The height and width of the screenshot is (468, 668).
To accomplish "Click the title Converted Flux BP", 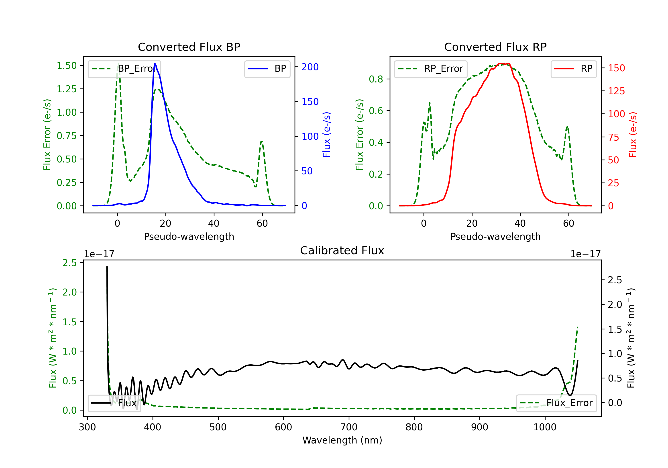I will (x=189, y=47).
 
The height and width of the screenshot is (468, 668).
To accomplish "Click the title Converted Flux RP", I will (x=495, y=47).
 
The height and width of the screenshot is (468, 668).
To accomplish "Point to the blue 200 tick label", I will (x=310, y=67).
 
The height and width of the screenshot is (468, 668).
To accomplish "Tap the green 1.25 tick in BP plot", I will (x=67, y=89).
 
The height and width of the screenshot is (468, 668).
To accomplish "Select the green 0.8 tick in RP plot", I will (x=376, y=79).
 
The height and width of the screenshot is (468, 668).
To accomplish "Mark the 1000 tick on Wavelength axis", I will (x=545, y=427).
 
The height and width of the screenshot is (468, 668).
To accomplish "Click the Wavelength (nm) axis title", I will (x=342, y=440).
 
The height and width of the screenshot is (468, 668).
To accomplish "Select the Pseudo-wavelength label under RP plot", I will (x=495, y=236).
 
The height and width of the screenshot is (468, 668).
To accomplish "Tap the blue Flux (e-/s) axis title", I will (x=326, y=135).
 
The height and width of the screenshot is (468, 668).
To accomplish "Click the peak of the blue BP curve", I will (x=155, y=63).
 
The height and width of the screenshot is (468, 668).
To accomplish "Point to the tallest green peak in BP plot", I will (x=118, y=63).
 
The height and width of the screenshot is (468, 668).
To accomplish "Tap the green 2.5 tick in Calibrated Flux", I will (x=69, y=263).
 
